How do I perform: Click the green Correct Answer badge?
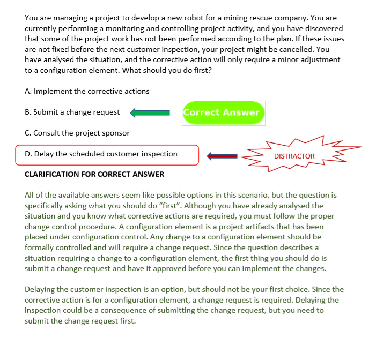coord(223,112)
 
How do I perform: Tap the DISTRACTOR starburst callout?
coord(294,156)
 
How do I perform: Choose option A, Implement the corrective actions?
coord(87,91)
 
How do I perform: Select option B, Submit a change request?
coord(72,112)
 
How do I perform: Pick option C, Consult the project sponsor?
coord(77,133)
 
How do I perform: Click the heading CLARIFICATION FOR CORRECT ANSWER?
coord(94,174)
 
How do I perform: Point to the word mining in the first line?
coord(239,18)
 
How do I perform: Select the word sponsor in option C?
coord(116,133)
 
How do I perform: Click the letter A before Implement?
coord(27,91)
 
